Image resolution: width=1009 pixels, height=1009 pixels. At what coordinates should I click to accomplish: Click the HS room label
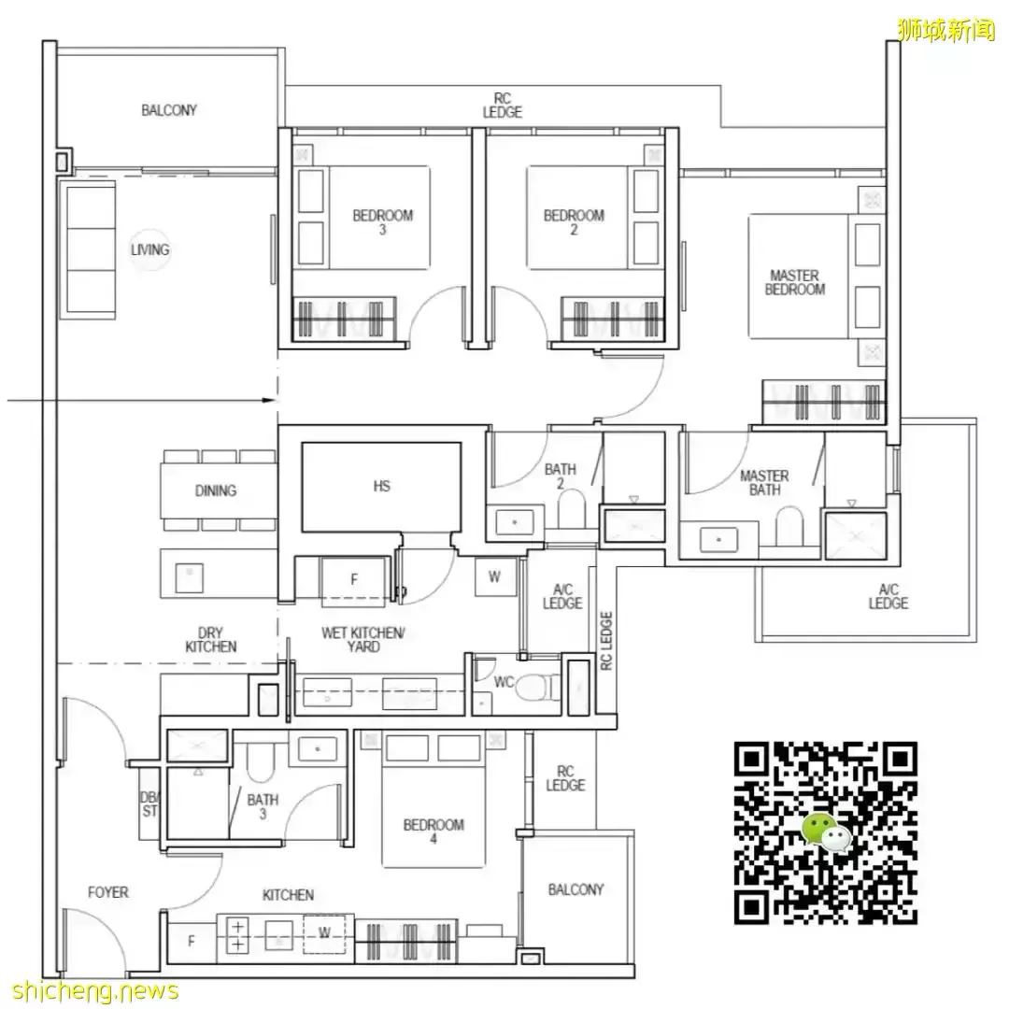point(381,486)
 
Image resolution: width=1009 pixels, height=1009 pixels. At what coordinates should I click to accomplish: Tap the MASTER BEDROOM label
point(794,282)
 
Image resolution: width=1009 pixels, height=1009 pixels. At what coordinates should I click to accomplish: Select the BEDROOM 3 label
point(382,222)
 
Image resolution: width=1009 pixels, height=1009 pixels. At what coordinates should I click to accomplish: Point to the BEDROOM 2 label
point(574,222)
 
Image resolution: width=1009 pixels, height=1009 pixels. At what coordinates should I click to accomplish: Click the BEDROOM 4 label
point(433,831)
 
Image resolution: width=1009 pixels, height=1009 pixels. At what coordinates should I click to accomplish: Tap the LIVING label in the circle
point(150,249)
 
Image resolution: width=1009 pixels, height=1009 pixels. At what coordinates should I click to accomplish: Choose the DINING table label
point(216,490)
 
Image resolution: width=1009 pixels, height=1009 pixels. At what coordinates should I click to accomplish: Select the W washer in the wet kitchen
point(494,577)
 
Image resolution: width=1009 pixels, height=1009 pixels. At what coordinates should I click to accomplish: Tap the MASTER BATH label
point(764,483)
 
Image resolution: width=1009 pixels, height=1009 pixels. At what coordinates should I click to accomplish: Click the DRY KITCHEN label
point(211,639)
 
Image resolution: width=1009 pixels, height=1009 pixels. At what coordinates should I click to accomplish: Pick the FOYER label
point(108,892)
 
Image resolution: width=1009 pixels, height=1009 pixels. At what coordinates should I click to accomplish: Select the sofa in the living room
point(92,249)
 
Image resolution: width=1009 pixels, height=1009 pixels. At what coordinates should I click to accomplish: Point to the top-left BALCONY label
point(169,110)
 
